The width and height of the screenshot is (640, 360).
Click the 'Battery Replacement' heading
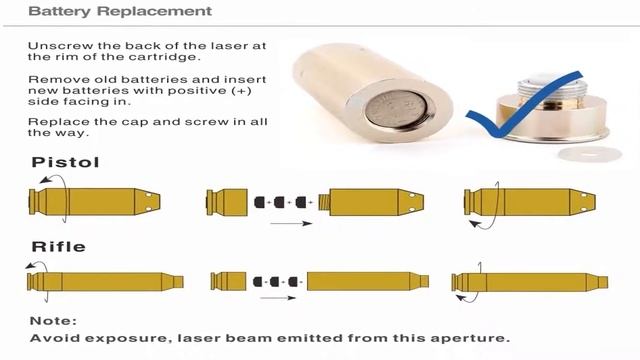(x=120, y=11)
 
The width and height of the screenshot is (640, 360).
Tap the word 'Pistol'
(x=65, y=162)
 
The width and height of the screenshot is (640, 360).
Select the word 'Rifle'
(x=58, y=247)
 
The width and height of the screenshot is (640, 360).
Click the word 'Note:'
(x=53, y=321)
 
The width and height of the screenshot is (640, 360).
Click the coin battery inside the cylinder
(x=396, y=109)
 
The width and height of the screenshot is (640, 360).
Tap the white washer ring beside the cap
(x=589, y=155)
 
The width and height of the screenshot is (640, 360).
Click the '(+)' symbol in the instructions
(x=241, y=91)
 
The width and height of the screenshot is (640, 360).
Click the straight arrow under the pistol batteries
(x=291, y=223)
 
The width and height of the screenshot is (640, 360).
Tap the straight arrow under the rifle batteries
(x=278, y=298)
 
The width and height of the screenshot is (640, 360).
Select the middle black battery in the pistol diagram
(x=279, y=202)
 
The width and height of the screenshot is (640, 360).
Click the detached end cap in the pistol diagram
(x=227, y=202)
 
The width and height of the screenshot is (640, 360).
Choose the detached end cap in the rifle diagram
(x=228, y=282)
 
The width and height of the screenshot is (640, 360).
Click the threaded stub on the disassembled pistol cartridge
(x=324, y=202)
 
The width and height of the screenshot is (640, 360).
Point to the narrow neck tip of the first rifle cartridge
(x=178, y=282)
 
